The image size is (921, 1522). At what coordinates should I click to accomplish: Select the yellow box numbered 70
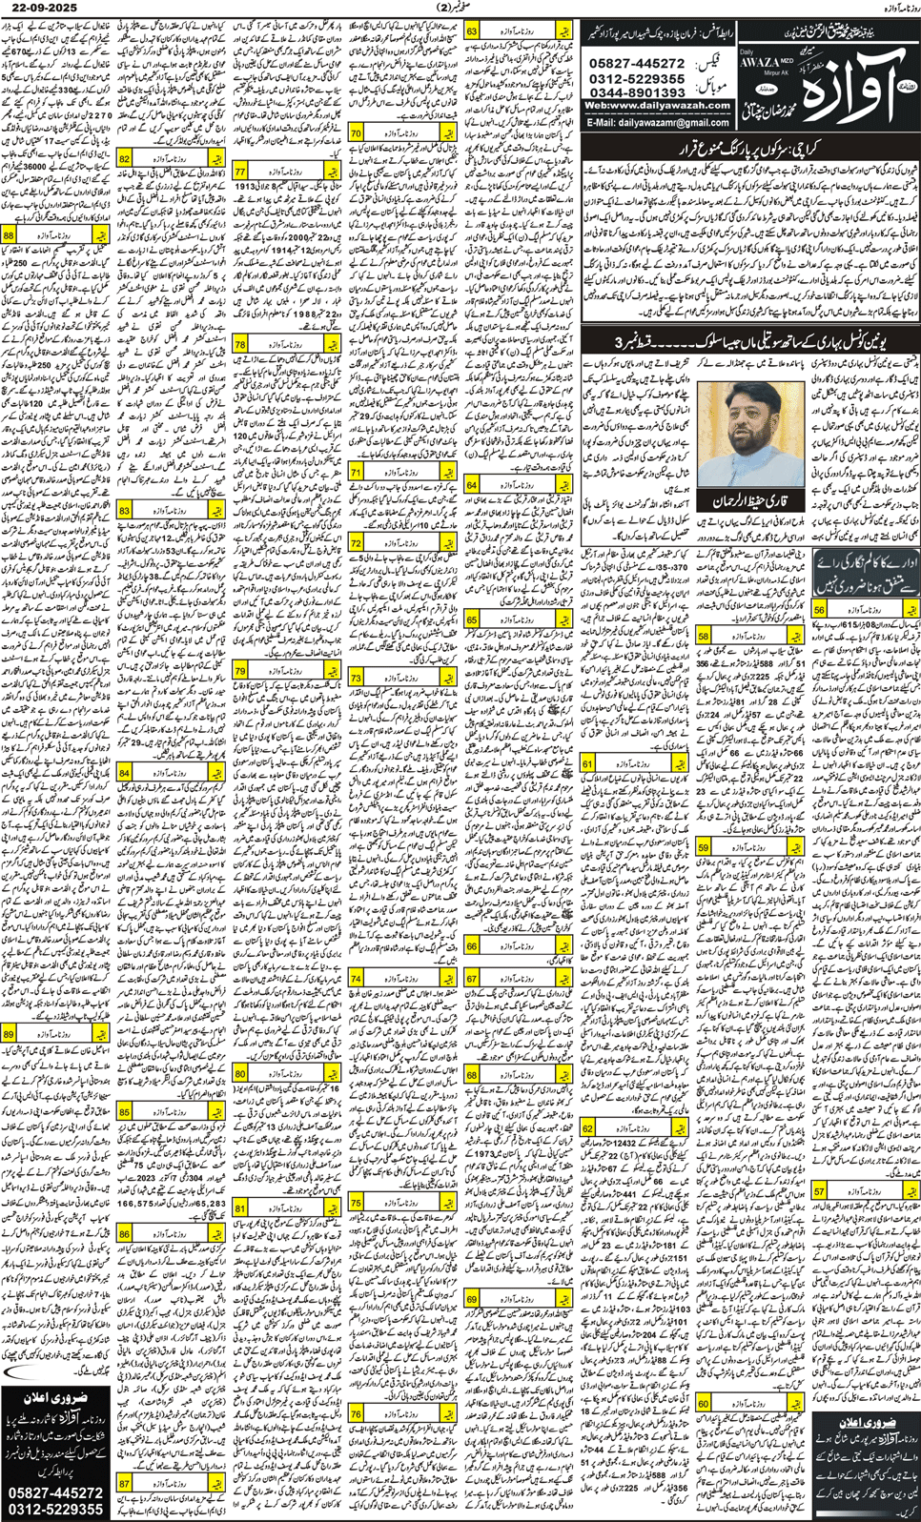click(x=356, y=134)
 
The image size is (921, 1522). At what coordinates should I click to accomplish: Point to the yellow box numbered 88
click(x=9, y=234)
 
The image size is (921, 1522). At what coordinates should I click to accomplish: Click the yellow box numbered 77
click(x=240, y=172)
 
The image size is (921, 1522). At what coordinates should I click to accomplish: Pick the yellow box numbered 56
click(x=819, y=610)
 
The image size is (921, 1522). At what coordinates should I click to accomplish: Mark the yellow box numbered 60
click(x=704, y=1404)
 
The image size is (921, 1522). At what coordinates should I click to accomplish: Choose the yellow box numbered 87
click(x=125, y=1484)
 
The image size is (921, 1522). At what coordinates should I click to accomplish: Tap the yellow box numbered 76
click(x=357, y=1414)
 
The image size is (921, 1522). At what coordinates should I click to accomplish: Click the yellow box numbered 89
click(x=9, y=1034)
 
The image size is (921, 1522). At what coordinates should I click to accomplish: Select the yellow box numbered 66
click(x=472, y=946)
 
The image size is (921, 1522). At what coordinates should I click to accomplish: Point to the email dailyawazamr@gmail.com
click(x=658, y=123)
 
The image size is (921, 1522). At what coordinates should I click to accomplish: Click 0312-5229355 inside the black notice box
click(x=56, y=1509)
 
